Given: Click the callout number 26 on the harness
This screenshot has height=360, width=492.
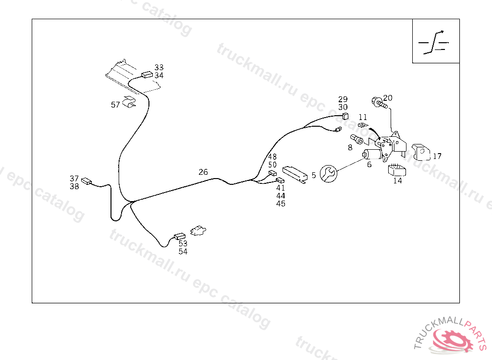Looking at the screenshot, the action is click(x=203, y=172).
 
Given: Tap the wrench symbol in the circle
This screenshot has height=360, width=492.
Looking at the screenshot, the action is click(x=329, y=173).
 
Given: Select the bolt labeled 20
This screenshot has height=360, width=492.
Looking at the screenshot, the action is click(x=380, y=103).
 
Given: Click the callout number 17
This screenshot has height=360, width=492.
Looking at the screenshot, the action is click(x=437, y=156).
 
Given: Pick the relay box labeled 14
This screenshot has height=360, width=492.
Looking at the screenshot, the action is click(x=397, y=170).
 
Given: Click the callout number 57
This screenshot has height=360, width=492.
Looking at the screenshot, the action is click(x=115, y=105).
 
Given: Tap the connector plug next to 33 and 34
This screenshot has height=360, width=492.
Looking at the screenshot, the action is click(x=147, y=74).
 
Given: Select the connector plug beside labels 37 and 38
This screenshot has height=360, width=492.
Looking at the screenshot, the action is click(x=86, y=181).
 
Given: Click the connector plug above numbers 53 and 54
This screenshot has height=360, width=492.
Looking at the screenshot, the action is click(x=180, y=236).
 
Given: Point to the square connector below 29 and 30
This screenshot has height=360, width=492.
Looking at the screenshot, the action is click(x=345, y=116).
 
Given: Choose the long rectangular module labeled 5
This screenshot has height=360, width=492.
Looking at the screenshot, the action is click(x=295, y=175).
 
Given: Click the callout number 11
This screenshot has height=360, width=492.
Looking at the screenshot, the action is click(x=363, y=117).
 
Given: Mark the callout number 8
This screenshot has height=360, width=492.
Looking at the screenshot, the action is click(x=350, y=147).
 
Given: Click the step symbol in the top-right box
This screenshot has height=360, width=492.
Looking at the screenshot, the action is click(x=434, y=42).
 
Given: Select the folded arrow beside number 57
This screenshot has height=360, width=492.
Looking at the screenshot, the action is click(x=129, y=101).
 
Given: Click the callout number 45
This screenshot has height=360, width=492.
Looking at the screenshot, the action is click(x=281, y=204).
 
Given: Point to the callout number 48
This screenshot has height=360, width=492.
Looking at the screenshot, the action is click(x=272, y=156).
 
